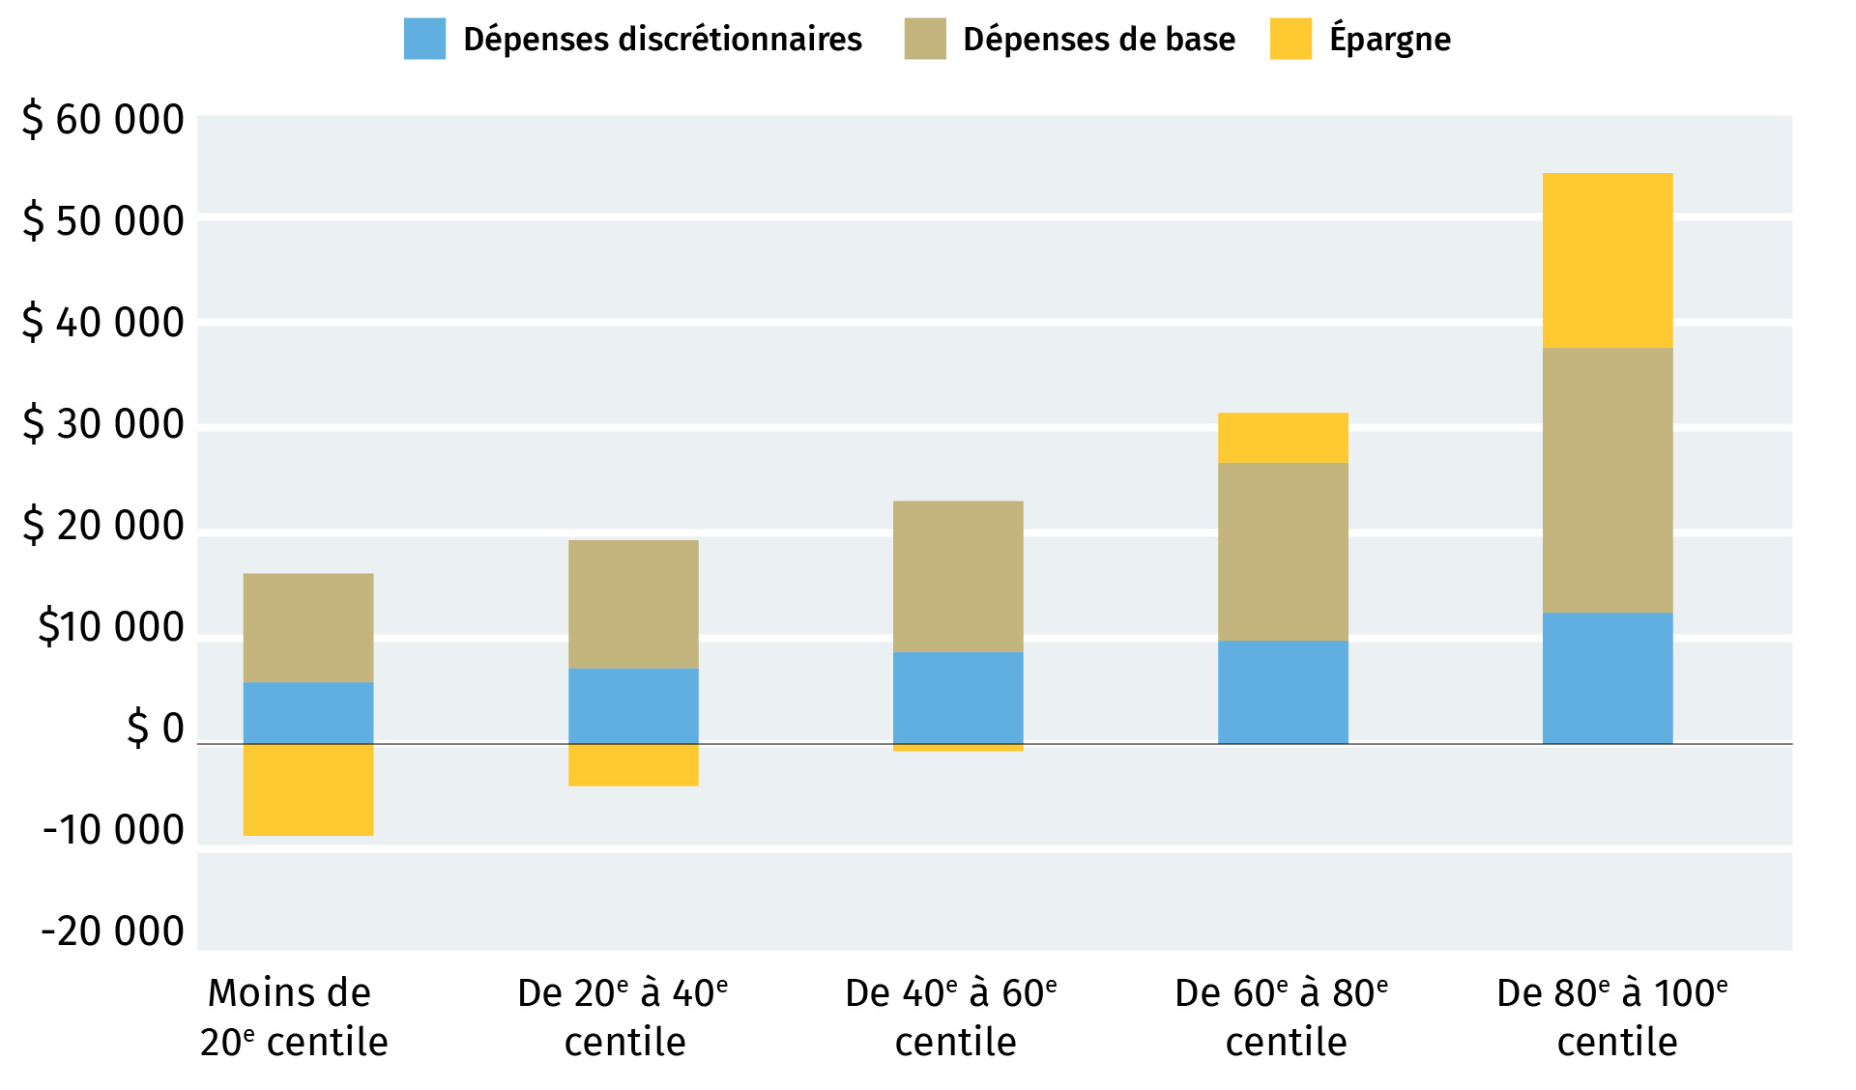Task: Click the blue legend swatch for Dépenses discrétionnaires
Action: click(424, 40)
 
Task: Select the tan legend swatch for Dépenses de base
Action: click(924, 40)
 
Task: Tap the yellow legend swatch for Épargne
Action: click(1290, 40)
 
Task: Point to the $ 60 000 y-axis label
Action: click(103, 120)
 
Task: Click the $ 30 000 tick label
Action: click(103, 424)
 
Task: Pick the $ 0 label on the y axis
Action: click(155, 729)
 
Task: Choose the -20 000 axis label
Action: click(112, 932)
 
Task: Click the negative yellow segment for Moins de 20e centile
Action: click(308, 789)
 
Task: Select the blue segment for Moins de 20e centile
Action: click(308, 713)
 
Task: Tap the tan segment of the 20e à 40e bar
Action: click(633, 604)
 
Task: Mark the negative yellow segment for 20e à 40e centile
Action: click(633, 764)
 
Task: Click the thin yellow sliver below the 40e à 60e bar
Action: click(958, 747)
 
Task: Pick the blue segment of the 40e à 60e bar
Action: click(958, 698)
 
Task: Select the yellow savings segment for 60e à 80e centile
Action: click(1283, 438)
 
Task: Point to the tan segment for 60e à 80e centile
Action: click(1283, 552)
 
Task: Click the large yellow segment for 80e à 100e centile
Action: click(1608, 260)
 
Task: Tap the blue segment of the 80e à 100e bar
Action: click(1608, 677)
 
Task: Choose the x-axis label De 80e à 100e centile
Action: click(1612, 1018)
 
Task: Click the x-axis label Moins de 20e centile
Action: click(293, 1018)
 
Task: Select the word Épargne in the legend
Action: click(1390, 40)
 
